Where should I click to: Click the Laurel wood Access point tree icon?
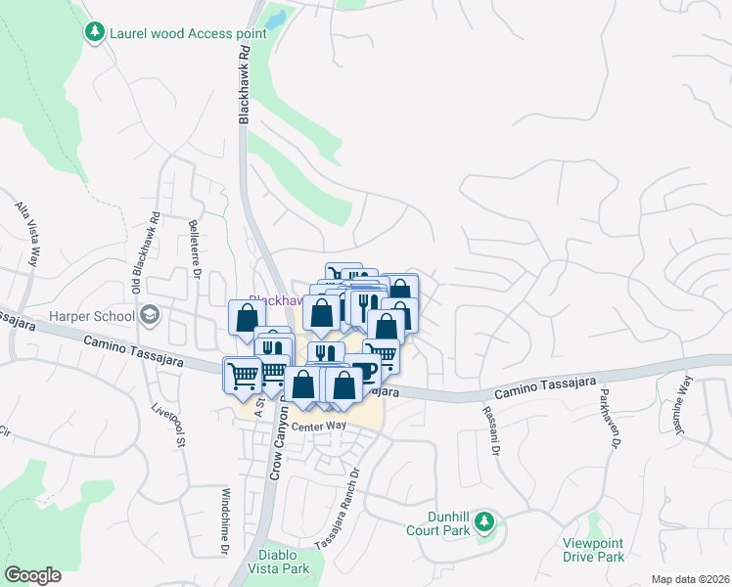pyautogui.click(x=94, y=32)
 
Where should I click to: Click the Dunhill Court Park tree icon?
pyautogui.click(x=483, y=523)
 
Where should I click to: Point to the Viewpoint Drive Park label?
pyautogui.click(x=593, y=550)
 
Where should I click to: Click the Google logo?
pyautogui.click(x=32, y=575)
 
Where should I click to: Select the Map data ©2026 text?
pyautogui.click(x=689, y=578)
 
